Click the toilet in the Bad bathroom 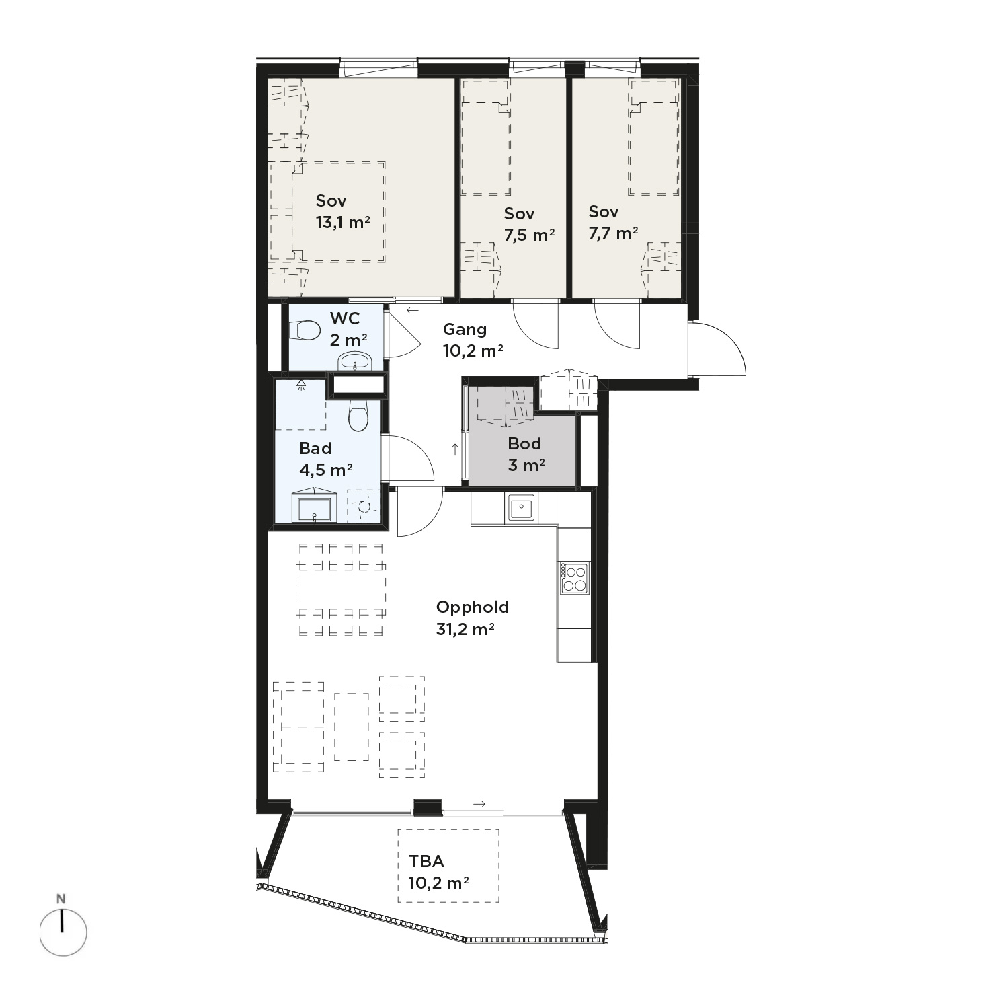[358, 415]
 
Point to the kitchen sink [521, 507]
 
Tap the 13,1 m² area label [343, 222]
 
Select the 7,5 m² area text [529, 235]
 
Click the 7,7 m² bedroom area [613, 233]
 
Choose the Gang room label [465, 330]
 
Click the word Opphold [473, 607]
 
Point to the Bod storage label [524, 444]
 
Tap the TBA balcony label [426, 861]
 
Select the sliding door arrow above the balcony [479, 804]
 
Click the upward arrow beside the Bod [455, 450]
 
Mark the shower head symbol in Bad [301, 385]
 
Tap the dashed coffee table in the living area [352, 727]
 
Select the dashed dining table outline [341, 589]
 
